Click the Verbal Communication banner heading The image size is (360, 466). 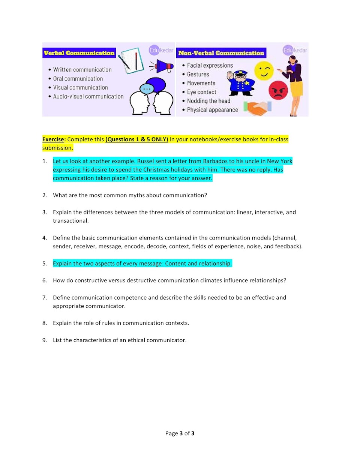coord(79,53)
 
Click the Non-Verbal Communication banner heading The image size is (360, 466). coord(221,53)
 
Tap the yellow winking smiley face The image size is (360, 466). coord(264,70)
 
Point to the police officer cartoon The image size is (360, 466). coord(240,83)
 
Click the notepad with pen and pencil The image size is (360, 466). coord(131,60)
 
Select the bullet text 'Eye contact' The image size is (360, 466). coord(201,92)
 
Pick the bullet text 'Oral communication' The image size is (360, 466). coord(78,79)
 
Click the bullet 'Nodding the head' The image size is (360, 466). coord(208,101)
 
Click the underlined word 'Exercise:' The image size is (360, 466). coord(54,139)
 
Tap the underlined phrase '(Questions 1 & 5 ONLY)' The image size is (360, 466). coord(137,139)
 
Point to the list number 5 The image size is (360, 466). coord(44,264)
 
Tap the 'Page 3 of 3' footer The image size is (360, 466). coord(180,433)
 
